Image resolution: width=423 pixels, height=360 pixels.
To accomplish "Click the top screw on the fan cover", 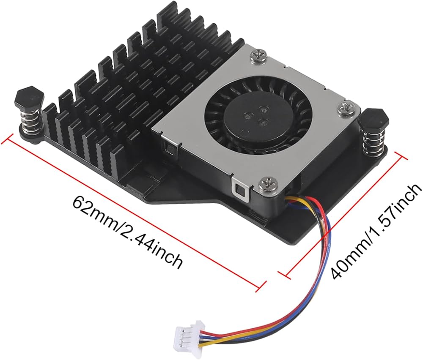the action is pos(258,56).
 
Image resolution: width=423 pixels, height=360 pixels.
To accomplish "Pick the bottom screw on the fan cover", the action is pos(268,185).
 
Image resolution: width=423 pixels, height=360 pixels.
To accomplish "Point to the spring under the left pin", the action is pos(31,121).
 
